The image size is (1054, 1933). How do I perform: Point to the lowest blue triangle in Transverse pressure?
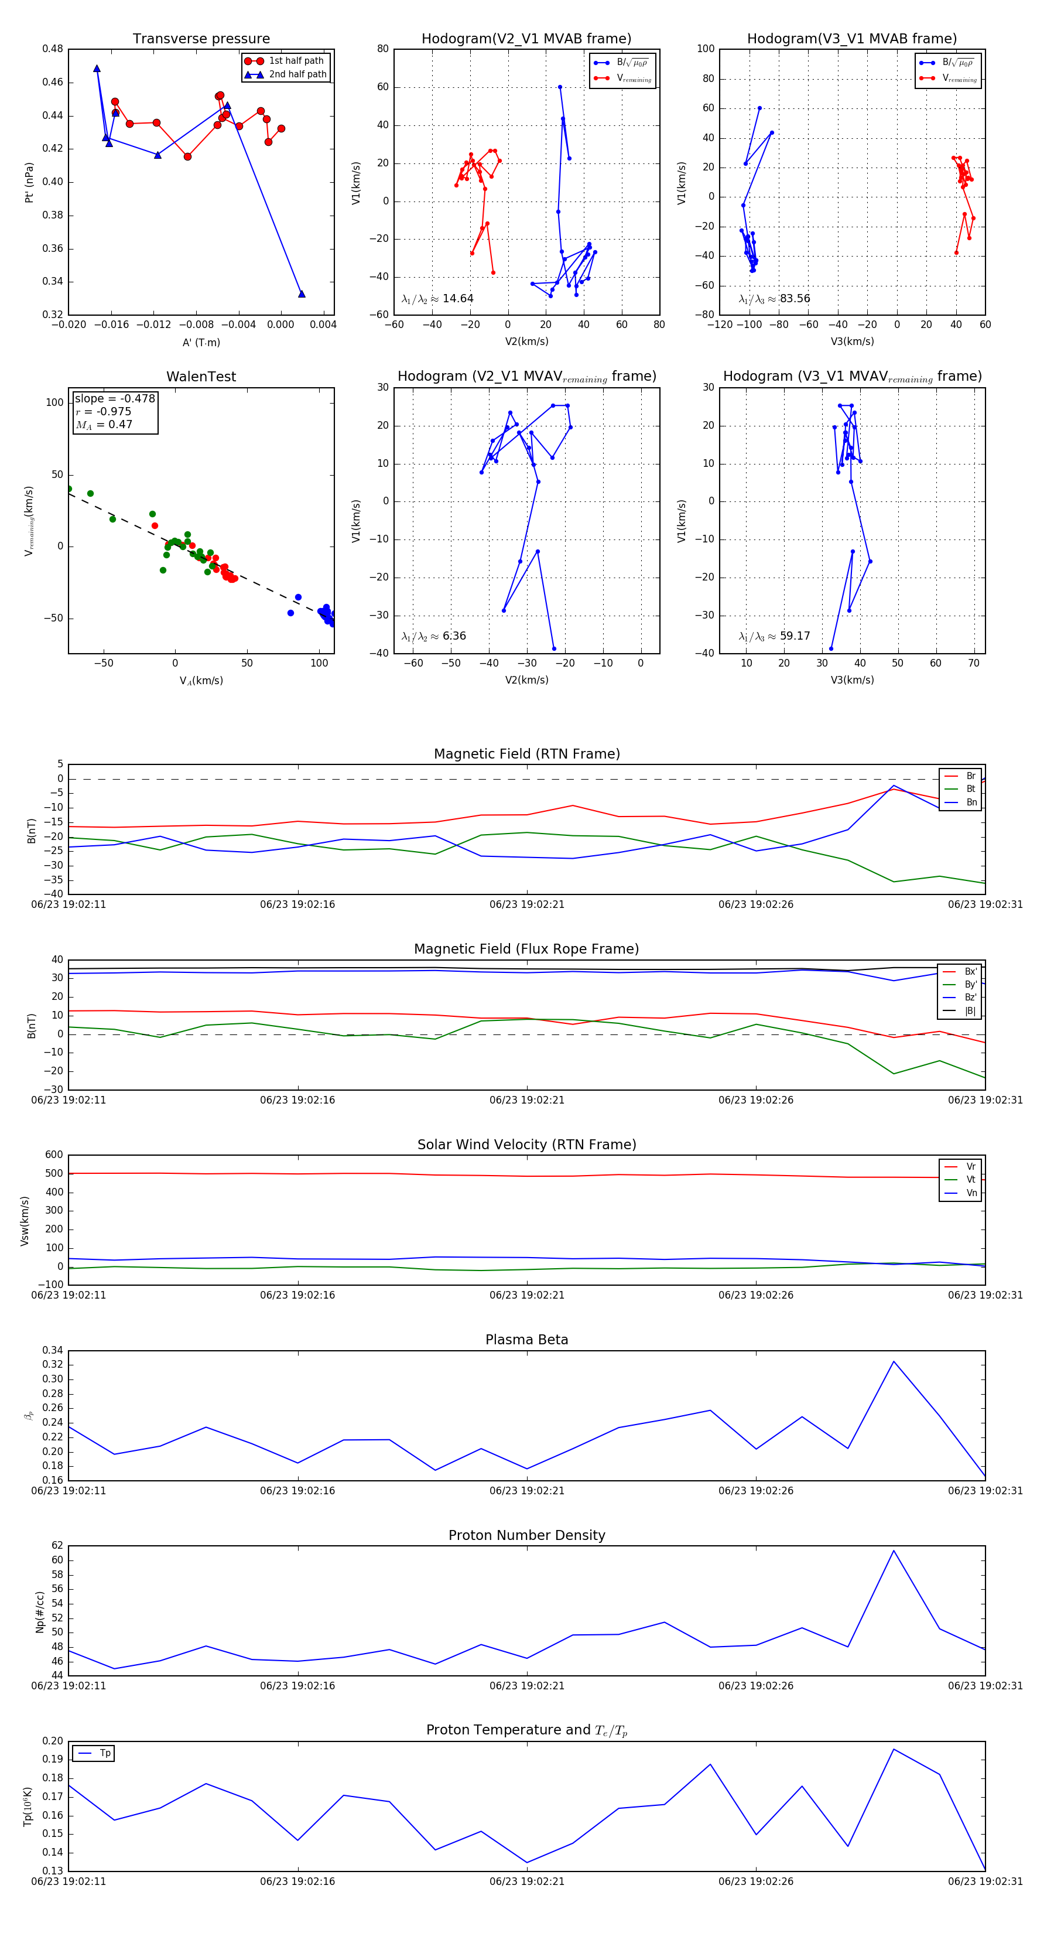[x=302, y=294]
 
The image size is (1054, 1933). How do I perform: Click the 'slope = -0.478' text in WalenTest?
[x=115, y=398]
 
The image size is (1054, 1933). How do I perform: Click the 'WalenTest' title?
[x=201, y=377]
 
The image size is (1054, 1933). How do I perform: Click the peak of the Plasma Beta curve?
[x=894, y=1361]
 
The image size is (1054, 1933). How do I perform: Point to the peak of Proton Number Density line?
[x=894, y=1551]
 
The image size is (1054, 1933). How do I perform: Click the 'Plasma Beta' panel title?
[x=526, y=1340]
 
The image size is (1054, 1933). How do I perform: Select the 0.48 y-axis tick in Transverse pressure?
[x=53, y=49]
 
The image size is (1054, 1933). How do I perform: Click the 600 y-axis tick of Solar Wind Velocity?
[x=54, y=1155]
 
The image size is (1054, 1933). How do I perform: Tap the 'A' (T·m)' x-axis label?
[x=201, y=343]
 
